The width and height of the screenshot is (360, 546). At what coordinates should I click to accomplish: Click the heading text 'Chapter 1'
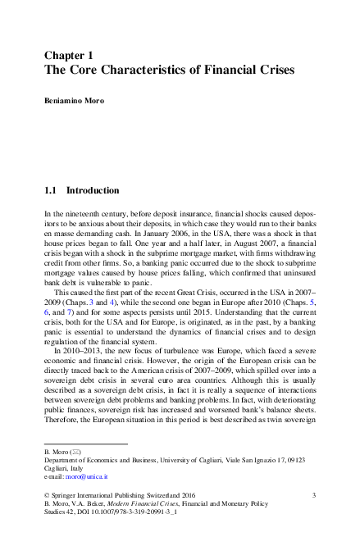[71, 54]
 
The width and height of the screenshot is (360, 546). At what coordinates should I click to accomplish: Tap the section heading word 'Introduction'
[93, 190]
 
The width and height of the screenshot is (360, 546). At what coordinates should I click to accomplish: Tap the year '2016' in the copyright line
[189, 496]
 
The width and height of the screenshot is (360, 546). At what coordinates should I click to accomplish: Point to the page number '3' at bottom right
[315, 496]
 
